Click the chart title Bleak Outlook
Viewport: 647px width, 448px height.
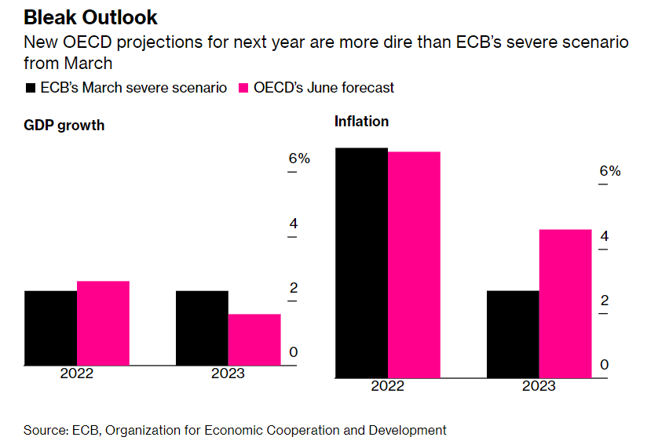[x=90, y=17]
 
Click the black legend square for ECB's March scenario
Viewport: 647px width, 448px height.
[x=31, y=88]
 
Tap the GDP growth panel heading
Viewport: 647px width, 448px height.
[x=64, y=126]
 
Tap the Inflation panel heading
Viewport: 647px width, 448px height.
[x=361, y=122]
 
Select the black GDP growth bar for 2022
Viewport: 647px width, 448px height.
[x=50, y=328]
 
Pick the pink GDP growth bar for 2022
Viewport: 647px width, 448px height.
[x=103, y=323]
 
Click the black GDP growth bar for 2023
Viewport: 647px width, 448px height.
[x=202, y=328]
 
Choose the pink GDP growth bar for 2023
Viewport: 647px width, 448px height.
[x=254, y=340]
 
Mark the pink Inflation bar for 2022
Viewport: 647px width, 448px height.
[x=414, y=264]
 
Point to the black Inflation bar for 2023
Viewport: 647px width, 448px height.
[x=513, y=334]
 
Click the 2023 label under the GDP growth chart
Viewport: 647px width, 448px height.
[x=228, y=373]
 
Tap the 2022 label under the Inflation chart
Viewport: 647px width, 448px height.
[x=387, y=386]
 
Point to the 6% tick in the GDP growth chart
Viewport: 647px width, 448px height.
[x=299, y=158]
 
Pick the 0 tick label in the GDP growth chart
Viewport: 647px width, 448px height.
[x=294, y=352]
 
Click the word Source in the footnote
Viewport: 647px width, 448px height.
[x=45, y=430]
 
